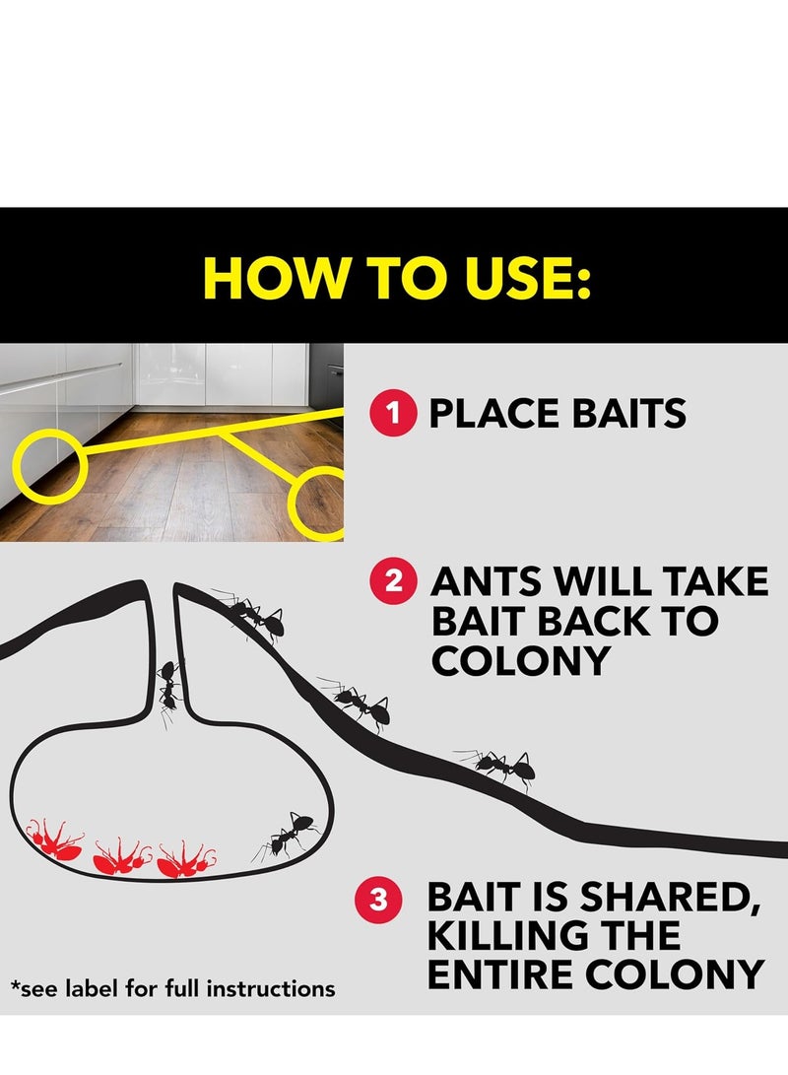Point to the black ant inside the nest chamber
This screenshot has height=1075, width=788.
tap(288, 836)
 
